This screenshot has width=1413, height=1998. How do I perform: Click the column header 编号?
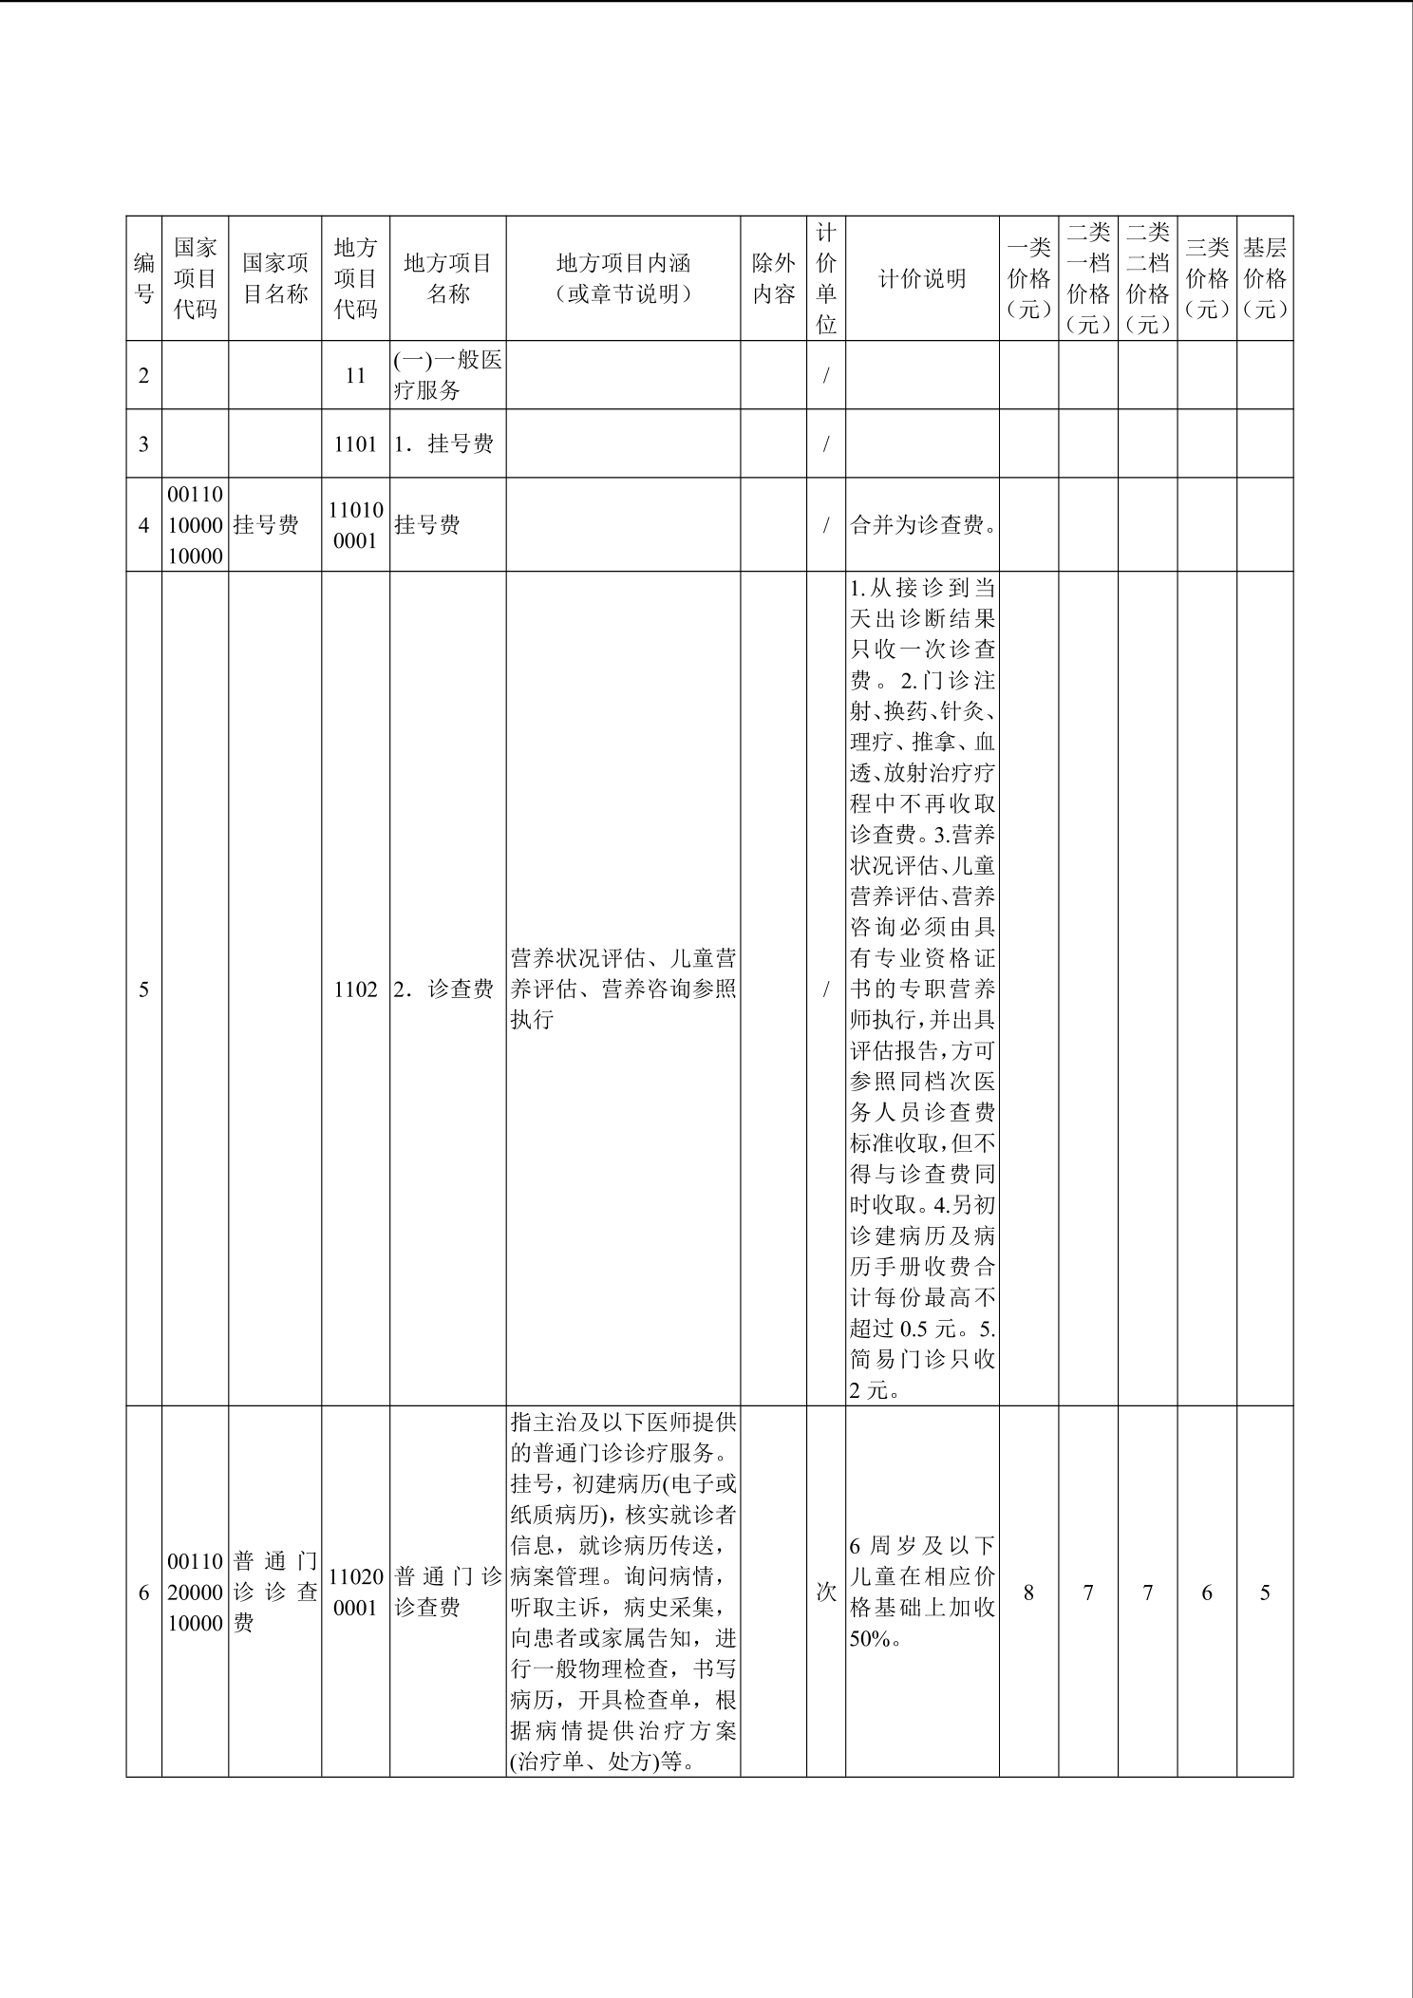(143, 278)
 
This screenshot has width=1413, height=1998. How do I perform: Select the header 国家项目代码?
(195, 278)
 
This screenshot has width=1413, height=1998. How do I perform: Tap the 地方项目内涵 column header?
(623, 278)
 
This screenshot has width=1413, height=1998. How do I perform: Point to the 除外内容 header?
(773, 278)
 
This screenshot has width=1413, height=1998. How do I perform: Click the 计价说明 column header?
(921, 278)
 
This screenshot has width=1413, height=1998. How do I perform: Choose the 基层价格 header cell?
(1265, 278)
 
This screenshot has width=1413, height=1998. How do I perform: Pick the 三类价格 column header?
(1207, 278)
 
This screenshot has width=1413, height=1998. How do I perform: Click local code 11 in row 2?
(355, 376)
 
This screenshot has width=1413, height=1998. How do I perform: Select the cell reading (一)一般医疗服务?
(447, 376)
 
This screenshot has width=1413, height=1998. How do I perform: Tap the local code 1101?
(355, 443)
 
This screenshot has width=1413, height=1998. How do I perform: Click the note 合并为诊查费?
(921, 525)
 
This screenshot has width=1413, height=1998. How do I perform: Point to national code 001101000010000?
(195, 525)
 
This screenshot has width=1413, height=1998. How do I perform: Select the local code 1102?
(355, 990)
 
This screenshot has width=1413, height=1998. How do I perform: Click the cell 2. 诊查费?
(447, 990)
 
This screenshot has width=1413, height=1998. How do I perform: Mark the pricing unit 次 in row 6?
(826, 1593)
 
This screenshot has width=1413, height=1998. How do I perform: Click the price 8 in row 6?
(1028, 1593)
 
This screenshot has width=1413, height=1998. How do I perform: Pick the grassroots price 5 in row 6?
(1265, 1593)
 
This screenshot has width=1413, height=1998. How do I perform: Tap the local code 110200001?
(355, 1593)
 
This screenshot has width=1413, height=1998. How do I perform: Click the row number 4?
(143, 525)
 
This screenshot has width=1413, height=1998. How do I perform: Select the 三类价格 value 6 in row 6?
(1207, 1593)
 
